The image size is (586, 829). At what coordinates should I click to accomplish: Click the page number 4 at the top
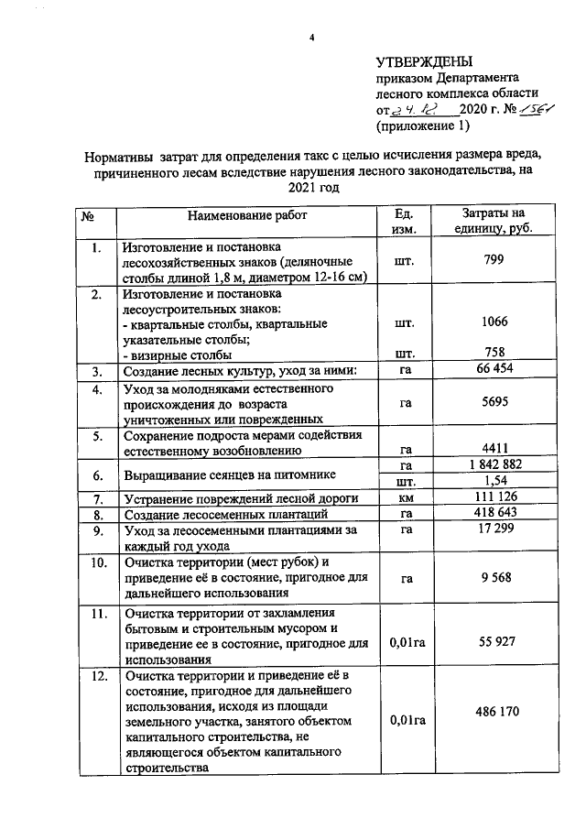point(311,37)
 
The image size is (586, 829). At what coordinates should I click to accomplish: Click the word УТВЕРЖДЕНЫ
point(424,62)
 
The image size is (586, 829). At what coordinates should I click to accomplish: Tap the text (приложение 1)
point(422,125)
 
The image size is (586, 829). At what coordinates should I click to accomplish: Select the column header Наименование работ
point(247,215)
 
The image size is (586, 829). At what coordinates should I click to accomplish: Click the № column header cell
point(91,215)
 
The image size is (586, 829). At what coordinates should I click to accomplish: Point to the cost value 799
point(494,260)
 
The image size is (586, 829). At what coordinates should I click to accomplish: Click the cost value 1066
point(494,323)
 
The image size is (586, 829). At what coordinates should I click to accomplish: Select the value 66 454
point(494,370)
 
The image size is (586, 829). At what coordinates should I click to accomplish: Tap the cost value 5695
point(494,401)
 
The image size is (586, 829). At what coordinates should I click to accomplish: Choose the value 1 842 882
point(494,464)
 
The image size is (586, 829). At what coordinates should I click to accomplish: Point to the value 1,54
point(494,481)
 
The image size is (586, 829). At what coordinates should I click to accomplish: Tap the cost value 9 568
point(494,577)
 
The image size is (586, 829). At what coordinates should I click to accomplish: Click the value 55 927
point(494,642)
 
